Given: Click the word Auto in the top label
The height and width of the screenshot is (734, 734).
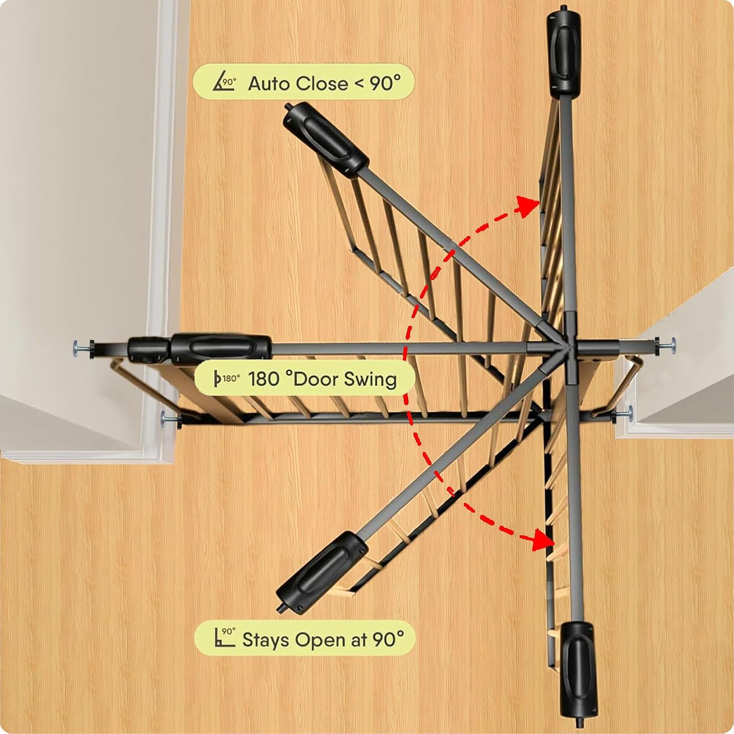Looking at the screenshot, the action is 270,84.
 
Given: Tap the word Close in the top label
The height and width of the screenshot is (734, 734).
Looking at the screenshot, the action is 322,84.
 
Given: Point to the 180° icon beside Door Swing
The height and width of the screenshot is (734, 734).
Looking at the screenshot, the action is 227,378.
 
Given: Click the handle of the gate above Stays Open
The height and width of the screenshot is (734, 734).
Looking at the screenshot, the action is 321,571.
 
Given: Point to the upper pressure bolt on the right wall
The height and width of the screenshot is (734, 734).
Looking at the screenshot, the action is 665,344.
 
